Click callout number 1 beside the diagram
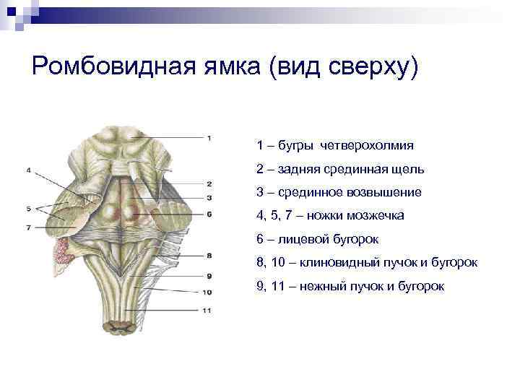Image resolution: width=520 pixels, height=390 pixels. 209,137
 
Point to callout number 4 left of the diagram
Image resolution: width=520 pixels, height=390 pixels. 27,170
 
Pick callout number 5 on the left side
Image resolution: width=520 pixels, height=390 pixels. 27,209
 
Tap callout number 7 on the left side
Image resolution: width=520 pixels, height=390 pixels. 27,227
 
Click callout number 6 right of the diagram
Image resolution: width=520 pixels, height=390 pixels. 209,214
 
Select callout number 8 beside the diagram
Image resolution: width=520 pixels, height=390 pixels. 209,255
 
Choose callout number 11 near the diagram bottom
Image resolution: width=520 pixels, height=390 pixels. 207,311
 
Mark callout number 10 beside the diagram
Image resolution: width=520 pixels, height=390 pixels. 207,292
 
